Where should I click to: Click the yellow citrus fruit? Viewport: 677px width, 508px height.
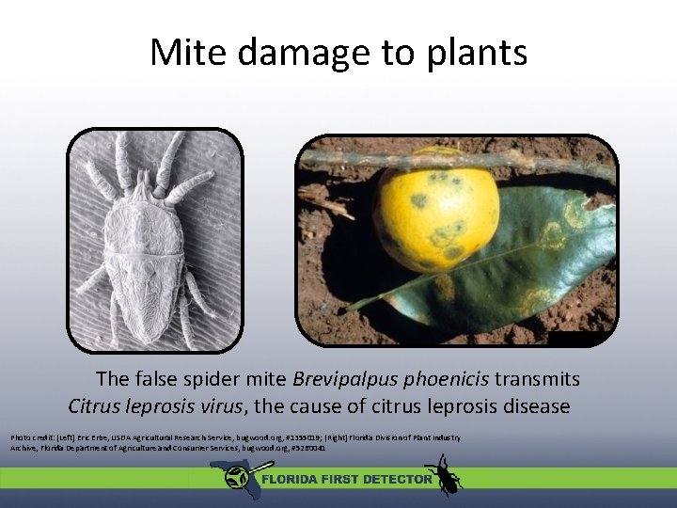pyautogui.click(x=436, y=209)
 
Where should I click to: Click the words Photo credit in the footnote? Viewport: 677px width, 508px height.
pyautogui.click(x=31, y=438)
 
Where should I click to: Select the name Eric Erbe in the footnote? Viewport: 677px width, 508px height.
pyautogui.click(x=96, y=438)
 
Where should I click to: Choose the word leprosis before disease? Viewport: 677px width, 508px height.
pyautogui.click(x=445, y=406)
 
